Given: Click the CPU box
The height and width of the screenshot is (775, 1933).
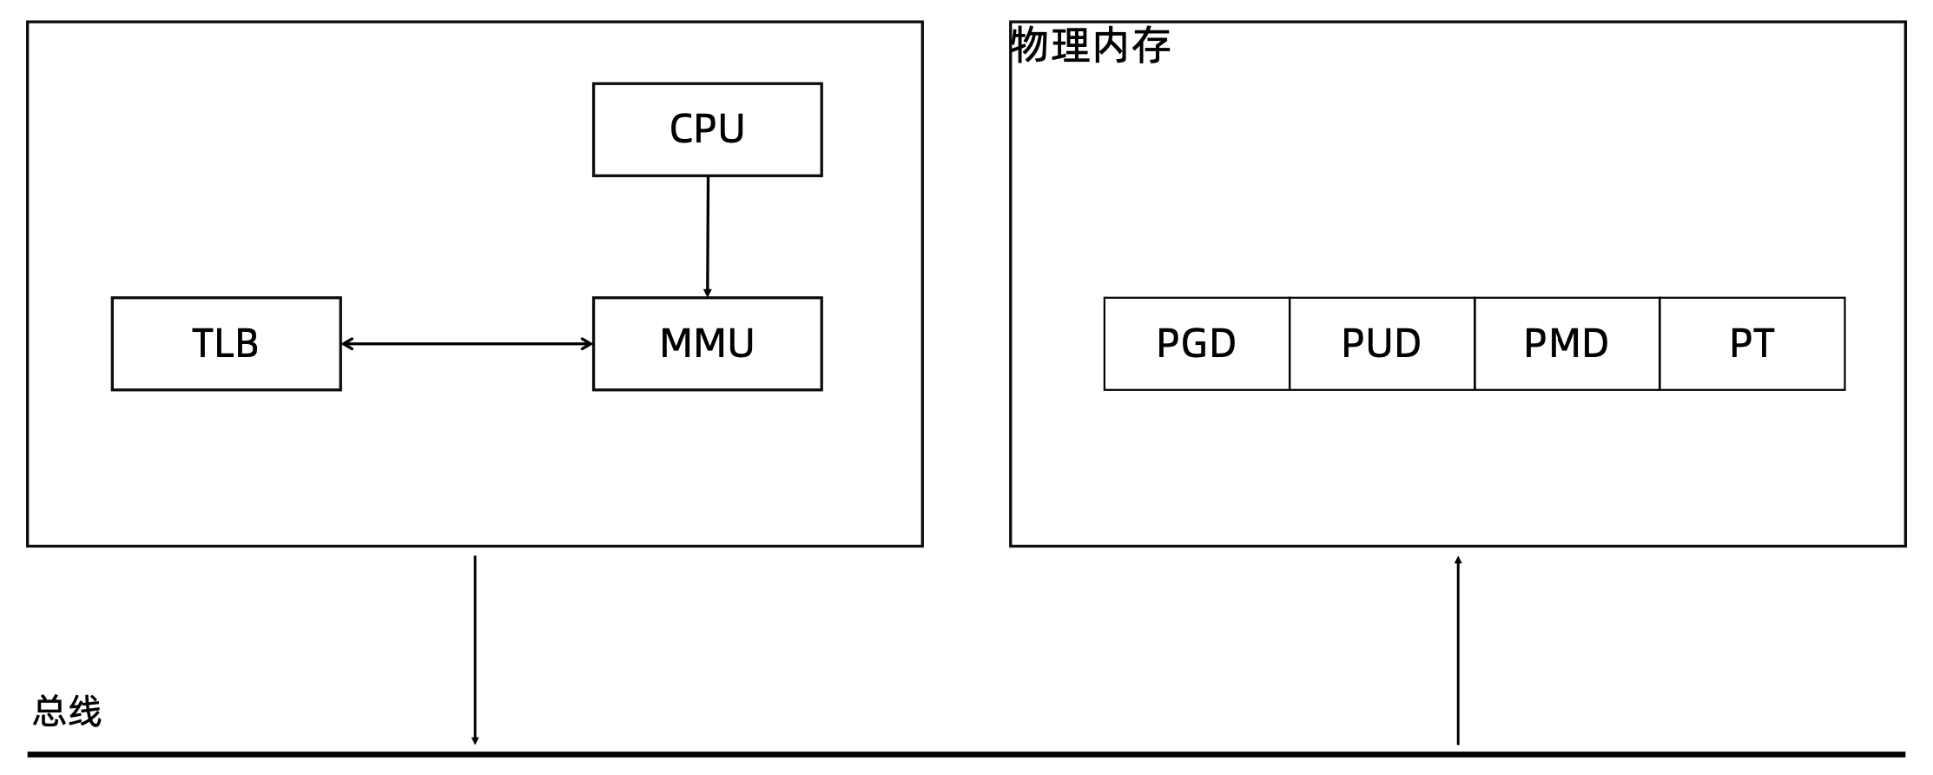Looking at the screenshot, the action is click(x=707, y=129).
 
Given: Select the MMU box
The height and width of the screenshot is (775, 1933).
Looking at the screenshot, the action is click(x=707, y=344).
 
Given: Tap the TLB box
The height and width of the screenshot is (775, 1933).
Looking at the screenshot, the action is click(x=226, y=344).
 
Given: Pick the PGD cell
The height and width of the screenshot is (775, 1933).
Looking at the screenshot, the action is click(x=1197, y=344).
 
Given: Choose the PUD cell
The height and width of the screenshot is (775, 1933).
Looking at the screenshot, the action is click(x=1382, y=344).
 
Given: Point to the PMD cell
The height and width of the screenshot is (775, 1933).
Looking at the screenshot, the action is click(x=1567, y=344).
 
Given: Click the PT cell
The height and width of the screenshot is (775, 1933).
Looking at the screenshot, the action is click(x=1752, y=344).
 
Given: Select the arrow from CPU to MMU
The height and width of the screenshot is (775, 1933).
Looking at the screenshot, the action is click(x=708, y=237).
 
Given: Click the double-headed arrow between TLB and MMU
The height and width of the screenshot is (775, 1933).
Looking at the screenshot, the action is click(x=467, y=344).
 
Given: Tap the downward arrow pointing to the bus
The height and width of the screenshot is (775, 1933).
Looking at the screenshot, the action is click(x=475, y=650).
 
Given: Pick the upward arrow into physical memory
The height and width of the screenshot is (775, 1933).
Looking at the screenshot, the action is click(x=1458, y=650).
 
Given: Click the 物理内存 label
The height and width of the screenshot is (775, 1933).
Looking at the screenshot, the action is click(x=1091, y=45).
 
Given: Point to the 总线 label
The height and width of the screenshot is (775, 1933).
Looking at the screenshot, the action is click(x=68, y=712).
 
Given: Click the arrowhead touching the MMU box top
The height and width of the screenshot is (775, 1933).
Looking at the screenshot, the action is click(x=708, y=293).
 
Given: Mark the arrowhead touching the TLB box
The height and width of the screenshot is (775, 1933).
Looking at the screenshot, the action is click(x=347, y=344).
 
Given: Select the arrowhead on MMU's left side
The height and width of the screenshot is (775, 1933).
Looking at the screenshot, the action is click(x=587, y=344).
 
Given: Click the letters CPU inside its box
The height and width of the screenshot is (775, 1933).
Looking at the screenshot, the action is click(x=707, y=129).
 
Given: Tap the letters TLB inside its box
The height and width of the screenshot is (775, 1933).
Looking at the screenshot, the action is click(x=226, y=343).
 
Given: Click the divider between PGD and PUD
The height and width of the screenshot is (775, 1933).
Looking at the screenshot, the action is click(x=1290, y=344).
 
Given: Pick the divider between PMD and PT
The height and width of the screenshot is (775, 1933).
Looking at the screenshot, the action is click(x=1659, y=344).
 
